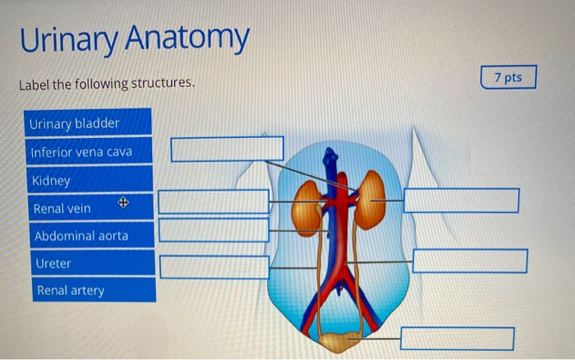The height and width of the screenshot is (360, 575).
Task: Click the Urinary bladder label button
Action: click(x=88, y=123)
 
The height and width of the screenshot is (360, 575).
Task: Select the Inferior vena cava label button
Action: click(x=88, y=152)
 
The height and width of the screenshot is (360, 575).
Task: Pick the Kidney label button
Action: click(x=88, y=181)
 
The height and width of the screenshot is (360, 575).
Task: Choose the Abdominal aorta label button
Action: click(x=88, y=236)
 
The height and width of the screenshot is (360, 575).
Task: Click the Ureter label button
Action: click(x=88, y=264)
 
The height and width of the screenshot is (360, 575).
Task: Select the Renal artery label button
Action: click(x=88, y=290)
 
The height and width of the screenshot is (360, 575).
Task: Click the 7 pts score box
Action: click(x=508, y=78)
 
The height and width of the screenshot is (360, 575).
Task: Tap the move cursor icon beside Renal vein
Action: click(x=123, y=202)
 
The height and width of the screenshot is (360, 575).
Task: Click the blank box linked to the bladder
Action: click(x=458, y=338)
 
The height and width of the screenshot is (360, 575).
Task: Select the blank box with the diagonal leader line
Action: click(x=227, y=149)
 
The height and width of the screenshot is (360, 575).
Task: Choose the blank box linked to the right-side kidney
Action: click(x=461, y=200)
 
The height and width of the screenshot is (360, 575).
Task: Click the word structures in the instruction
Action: click(x=163, y=84)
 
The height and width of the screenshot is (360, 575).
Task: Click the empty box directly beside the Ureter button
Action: click(x=214, y=267)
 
